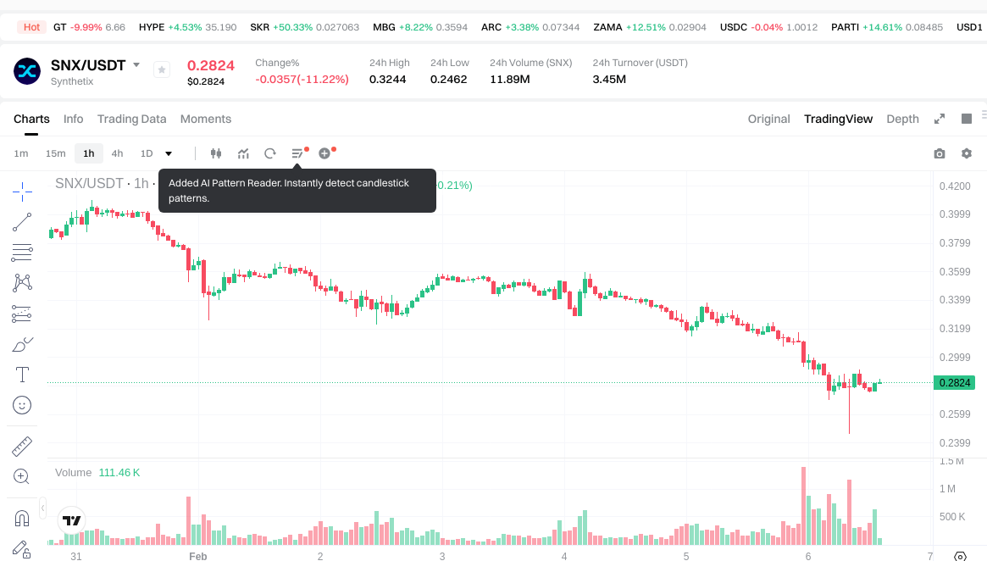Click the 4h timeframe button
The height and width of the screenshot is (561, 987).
(x=117, y=153)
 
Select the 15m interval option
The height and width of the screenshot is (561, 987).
(x=55, y=153)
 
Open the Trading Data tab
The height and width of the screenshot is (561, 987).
(x=131, y=119)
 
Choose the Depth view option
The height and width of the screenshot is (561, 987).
(x=902, y=119)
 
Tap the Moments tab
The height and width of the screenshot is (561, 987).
(x=206, y=119)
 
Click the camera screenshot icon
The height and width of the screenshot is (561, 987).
(x=939, y=153)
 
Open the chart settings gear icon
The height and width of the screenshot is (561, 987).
(x=967, y=153)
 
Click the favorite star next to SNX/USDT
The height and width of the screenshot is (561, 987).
(x=162, y=70)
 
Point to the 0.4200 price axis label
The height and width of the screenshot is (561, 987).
(x=955, y=186)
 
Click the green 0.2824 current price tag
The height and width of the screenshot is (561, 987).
(x=955, y=382)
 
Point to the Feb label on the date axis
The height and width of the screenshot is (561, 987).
(x=197, y=556)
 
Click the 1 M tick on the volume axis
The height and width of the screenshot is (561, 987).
(x=947, y=489)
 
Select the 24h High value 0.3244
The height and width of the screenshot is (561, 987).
(x=387, y=80)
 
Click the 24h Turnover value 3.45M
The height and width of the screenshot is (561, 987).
(x=609, y=80)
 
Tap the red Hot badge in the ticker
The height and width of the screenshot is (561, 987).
(x=31, y=27)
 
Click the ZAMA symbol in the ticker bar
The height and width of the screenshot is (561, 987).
(x=607, y=27)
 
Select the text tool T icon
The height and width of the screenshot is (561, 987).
(x=22, y=374)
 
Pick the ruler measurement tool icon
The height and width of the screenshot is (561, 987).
(x=22, y=446)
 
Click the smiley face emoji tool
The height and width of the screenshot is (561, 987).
(x=22, y=405)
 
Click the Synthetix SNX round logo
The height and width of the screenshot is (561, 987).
(x=27, y=70)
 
